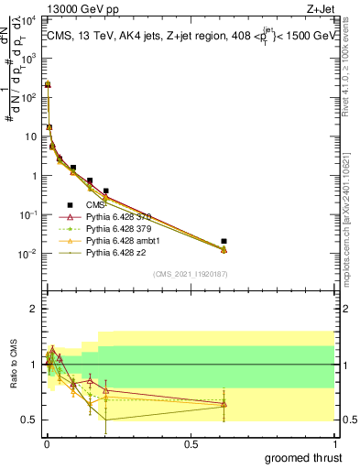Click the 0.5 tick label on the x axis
pos(191,442)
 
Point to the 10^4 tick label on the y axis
pos(27,20)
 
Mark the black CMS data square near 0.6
pos(224,241)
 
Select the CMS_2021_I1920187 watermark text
pos(191,273)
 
